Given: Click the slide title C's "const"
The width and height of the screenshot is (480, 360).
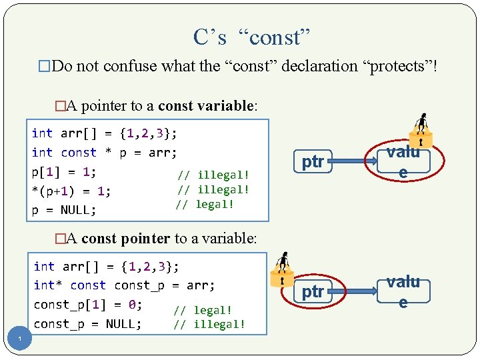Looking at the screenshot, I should pyautogui.click(x=252, y=37).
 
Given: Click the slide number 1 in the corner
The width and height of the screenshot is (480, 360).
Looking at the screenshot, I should pyautogui.click(x=21, y=341).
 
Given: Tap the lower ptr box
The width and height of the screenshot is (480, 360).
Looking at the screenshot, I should pyautogui.click(x=313, y=291).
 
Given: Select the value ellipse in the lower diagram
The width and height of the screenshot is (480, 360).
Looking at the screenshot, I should pyautogui.click(x=403, y=291).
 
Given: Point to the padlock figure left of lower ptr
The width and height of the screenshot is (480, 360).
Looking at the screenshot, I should pyautogui.click(x=281, y=269).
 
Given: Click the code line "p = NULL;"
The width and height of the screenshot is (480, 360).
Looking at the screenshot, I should pyautogui.click(x=64, y=210).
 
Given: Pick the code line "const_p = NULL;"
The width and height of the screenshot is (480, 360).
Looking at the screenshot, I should pyautogui.click(x=87, y=324).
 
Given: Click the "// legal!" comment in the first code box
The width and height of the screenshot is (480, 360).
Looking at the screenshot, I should pyautogui.click(x=205, y=204).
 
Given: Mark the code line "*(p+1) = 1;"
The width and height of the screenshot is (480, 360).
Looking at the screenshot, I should pyautogui.click(x=71, y=191).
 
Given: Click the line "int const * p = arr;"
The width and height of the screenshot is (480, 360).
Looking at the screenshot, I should pyautogui.click(x=104, y=153).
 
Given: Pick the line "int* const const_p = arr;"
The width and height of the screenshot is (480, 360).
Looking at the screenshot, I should pyautogui.click(x=125, y=285).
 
